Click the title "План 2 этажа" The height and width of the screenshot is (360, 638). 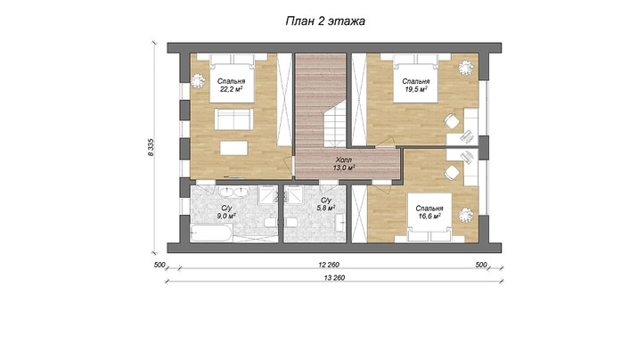(325, 21)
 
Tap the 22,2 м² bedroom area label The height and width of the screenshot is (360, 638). (231, 85)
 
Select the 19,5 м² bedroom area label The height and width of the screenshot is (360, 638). (415, 85)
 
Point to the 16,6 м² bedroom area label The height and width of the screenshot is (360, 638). (429, 212)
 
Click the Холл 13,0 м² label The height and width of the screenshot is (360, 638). (344, 163)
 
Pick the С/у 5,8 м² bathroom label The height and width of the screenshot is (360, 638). (326, 204)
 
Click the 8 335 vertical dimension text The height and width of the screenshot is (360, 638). (151, 147)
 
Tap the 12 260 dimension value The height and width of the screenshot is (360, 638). (329, 265)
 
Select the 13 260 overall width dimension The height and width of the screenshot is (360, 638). (334, 278)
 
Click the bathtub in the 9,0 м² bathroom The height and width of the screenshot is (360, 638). (211, 233)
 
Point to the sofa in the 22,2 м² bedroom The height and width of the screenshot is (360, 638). (234, 119)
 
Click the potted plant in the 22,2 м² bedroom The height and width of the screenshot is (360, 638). (198, 80)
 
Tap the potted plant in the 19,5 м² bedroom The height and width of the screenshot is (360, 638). (465, 68)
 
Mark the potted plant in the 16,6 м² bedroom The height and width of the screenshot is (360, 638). (465, 215)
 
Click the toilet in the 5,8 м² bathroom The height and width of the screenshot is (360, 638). (290, 223)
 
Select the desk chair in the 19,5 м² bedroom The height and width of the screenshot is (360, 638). (451, 121)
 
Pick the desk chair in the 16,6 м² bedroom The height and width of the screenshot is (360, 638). (451, 173)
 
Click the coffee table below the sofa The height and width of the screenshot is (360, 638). (234, 148)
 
